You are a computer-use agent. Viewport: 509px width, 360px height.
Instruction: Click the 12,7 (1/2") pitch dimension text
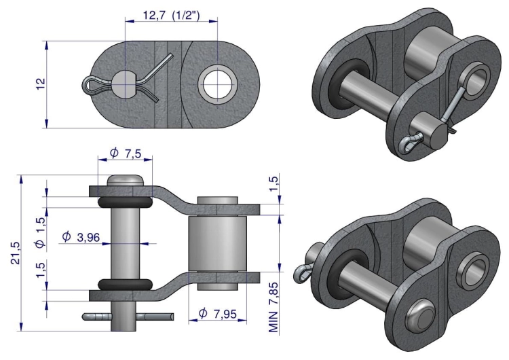(170, 15)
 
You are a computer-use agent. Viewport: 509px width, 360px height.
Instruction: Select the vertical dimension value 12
(41, 83)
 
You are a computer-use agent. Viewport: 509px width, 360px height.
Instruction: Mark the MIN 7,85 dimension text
(274, 308)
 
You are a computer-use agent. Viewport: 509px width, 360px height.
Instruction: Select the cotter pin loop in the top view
(91, 84)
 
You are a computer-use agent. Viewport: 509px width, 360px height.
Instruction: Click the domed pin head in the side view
(124, 181)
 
